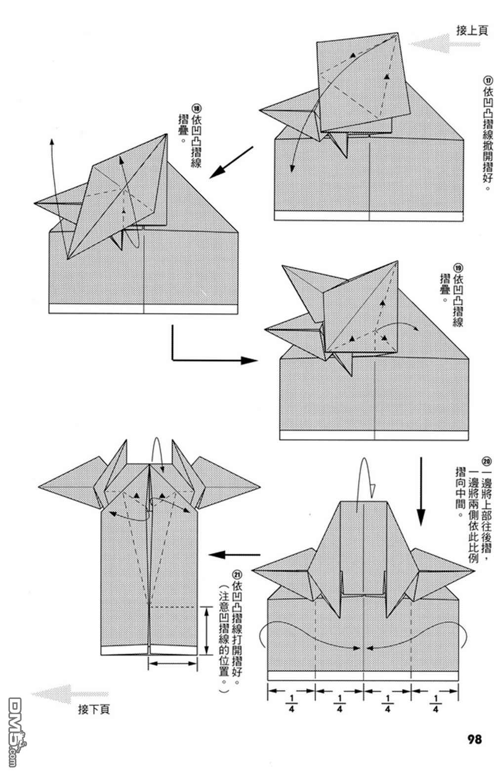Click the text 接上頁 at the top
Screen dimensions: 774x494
(472, 31)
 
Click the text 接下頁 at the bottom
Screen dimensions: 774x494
(94, 710)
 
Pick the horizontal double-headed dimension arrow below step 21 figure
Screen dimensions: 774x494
(173, 663)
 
